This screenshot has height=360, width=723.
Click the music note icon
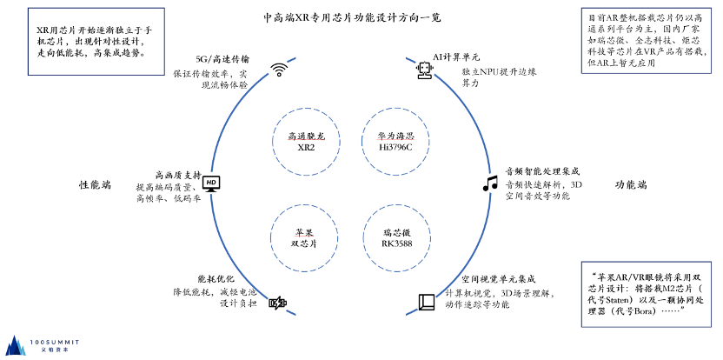489,183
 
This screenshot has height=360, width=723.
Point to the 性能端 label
95,185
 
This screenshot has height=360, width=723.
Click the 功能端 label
631,185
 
